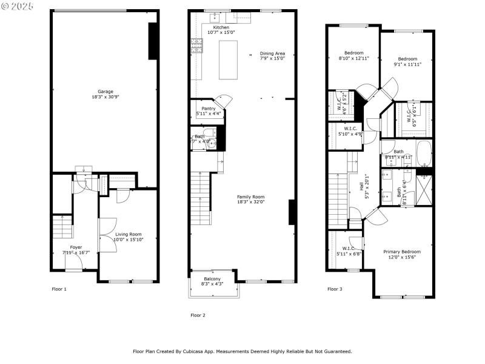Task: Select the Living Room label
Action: point(128,234)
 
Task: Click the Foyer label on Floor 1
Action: point(76,247)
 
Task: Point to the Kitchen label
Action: point(221,27)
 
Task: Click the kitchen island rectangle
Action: point(229,59)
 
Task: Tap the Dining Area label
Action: point(272,53)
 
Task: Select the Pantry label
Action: point(208,108)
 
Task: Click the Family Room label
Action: point(250,197)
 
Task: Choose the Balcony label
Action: point(212,278)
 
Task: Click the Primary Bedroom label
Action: point(401,251)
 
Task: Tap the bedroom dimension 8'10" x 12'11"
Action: point(353,58)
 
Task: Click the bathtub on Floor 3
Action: point(423,155)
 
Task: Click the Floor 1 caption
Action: point(59,289)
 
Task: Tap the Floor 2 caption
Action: point(198,315)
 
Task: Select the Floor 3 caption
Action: point(335,289)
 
